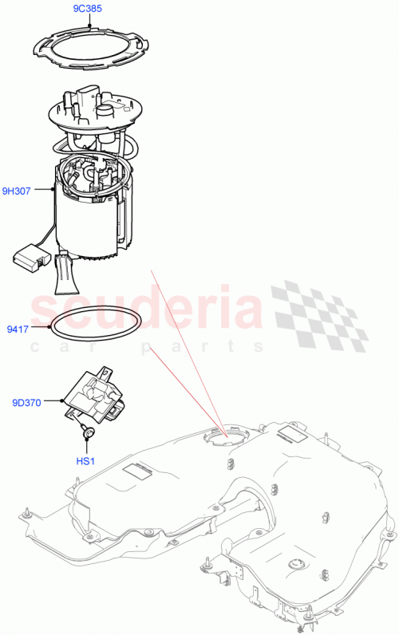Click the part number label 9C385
[86, 10]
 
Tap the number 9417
[18, 326]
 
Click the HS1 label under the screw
[85, 461]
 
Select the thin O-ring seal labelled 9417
[96, 329]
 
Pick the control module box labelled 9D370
[95, 394]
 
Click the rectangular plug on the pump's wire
[30, 256]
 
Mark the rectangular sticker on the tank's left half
[132, 471]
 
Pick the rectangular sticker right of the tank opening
[290, 436]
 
